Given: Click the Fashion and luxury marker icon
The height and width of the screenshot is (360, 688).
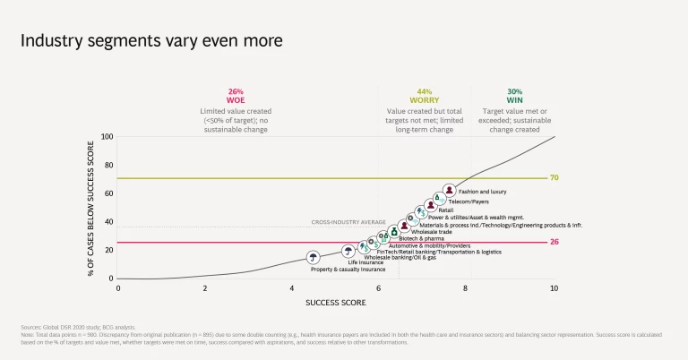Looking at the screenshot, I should pyautogui.click(x=449, y=190).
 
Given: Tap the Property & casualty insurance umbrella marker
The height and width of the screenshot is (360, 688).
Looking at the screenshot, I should pyautogui.click(x=313, y=258).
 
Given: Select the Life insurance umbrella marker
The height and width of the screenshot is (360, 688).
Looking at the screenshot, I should pyautogui.click(x=348, y=252).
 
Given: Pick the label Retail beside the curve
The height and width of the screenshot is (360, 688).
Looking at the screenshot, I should pyautogui.click(x=445, y=210).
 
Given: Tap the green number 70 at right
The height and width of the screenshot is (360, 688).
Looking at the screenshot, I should pyautogui.click(x=554, y=178).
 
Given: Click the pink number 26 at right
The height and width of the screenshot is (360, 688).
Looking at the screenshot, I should pyautogui.click(x=554, y=242).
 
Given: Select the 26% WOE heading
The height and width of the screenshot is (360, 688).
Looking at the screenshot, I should pyautogui.click(x=236, y=96).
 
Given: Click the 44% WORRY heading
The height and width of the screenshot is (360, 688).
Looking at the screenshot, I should pyautogui.click(x=425, y=96).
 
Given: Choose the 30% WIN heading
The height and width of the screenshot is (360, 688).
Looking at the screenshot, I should pyautogui.click(x=515, y=96).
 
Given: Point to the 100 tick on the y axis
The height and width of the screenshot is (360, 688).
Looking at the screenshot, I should pyautogui.click(x=107, y=137).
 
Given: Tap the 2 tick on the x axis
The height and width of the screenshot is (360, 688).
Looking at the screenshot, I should pyautogui.click(x=205, y=288).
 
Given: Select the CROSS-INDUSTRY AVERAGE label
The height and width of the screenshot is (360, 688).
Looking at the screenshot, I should pyautogui.click(x=348, y=221).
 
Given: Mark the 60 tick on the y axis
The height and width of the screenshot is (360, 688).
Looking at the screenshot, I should pyautogui.click(x=108, y=193).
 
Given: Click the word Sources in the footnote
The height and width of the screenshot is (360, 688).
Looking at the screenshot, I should pyautogui.click(x=31, y=328).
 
